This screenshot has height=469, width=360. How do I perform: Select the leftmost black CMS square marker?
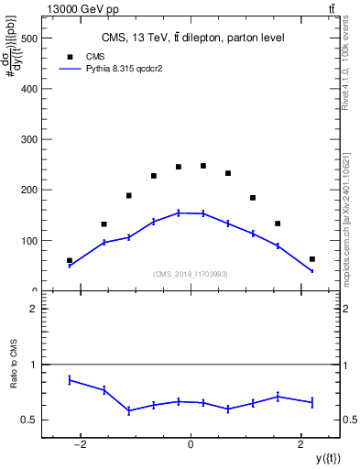click(70, 260)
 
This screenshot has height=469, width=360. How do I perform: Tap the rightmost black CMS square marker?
click(312, 259)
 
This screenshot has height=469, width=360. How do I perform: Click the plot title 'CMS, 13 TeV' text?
click(191, 38)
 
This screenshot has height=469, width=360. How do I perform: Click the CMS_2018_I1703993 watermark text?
click(191, 273)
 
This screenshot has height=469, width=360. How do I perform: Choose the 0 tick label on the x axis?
click(191, 445)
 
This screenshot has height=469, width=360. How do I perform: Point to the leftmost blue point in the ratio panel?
click(70, 379)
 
